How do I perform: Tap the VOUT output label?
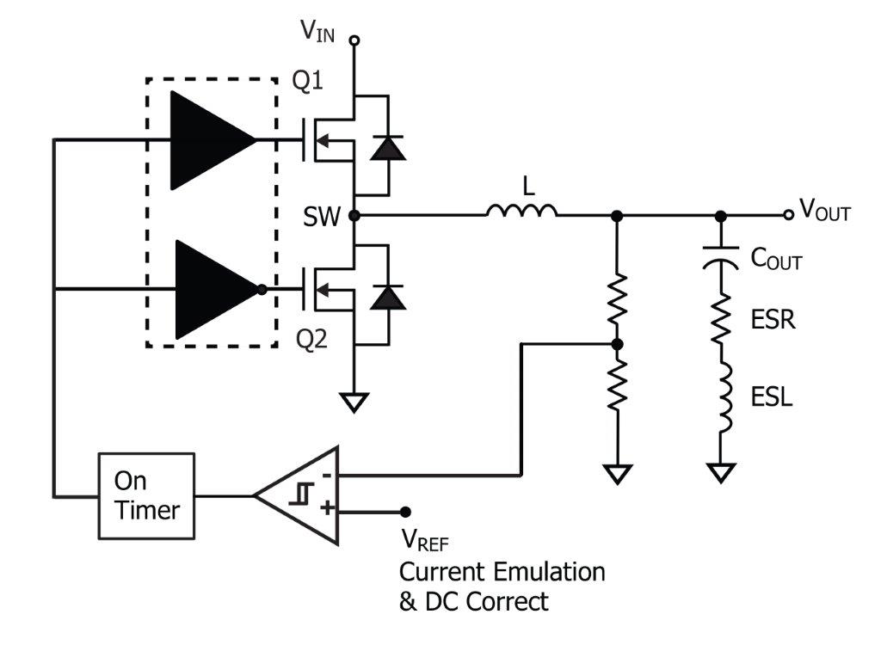[824, 211]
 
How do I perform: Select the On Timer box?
[147, 495]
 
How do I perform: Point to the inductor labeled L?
[521, 209]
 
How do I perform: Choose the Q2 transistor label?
[311, 339]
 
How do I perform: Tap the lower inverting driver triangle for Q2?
[214, 290]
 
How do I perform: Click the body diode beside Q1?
[387, 147]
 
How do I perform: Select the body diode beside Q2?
[387, 297]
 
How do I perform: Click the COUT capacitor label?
[776, 258]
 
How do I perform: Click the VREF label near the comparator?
[425, 542]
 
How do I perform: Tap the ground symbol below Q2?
[354, 402]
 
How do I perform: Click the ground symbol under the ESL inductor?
[720, 472]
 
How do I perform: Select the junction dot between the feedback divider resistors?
[617, 344]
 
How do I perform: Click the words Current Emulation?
[502, 572]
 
